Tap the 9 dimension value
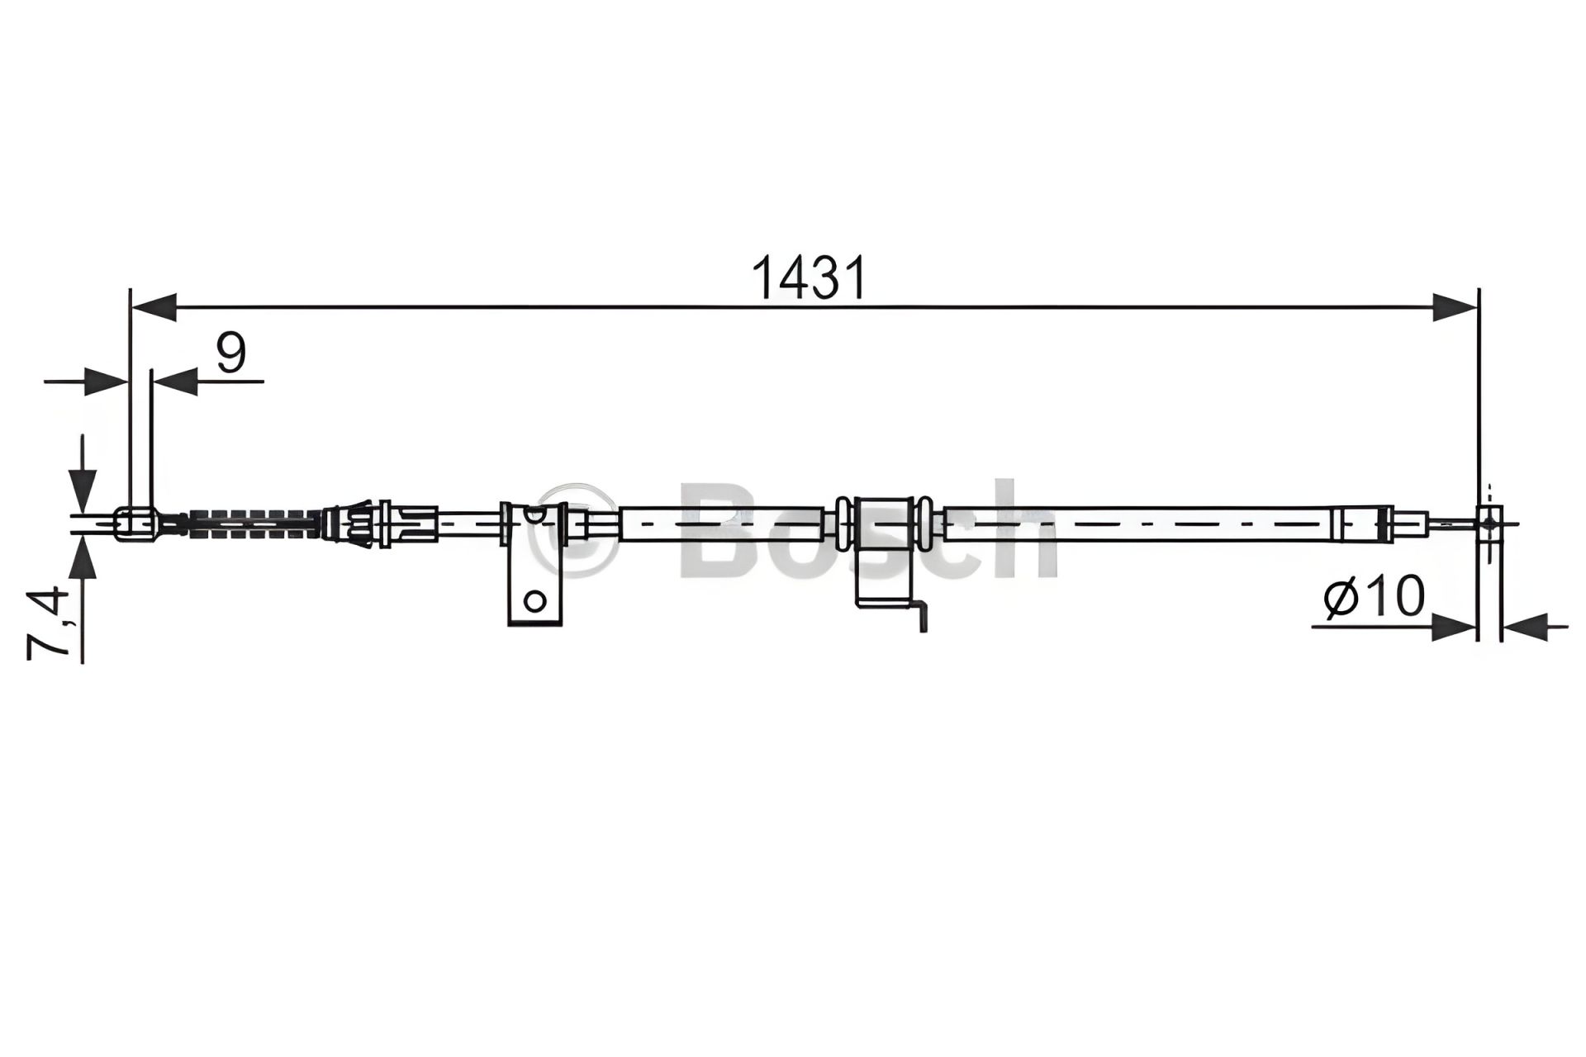point(230,353)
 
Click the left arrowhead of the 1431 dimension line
point(154,306)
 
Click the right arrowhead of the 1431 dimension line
point(1455,306)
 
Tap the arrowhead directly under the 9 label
point(175,381)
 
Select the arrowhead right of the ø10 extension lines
point(1523,626)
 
